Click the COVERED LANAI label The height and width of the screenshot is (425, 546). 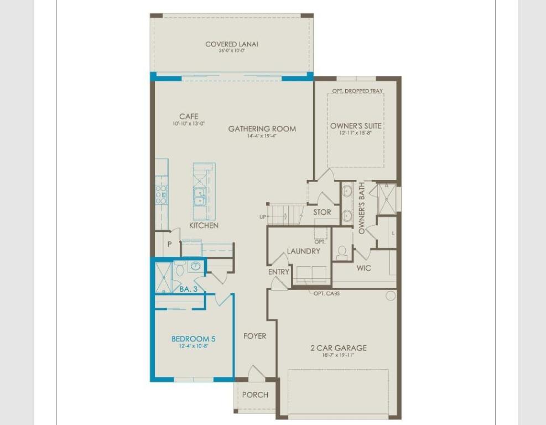(232, 44)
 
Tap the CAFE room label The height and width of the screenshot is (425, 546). (189, 117)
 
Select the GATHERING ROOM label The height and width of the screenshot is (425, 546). (262, 129)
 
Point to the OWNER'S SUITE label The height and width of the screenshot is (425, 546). (356, 126)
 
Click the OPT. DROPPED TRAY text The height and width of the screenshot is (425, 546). (357, 91)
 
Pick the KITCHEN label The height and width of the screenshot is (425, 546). (204, 225)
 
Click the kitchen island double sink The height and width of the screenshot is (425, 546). (199, 195)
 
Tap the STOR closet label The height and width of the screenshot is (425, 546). (322, 212)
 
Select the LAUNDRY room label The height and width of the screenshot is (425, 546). (303, 251)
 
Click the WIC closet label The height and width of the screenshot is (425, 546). (364, 268)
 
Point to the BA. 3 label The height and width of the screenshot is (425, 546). (188, 289)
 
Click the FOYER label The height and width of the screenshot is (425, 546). (254, 336)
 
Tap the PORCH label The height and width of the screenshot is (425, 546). (255, 395)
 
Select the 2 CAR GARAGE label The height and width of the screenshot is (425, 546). (338, 348)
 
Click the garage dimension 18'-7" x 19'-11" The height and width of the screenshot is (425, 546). (338, 355)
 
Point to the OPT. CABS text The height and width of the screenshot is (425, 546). (326, 293)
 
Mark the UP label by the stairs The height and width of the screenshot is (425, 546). (263, 217)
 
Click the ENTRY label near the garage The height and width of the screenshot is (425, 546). (279, 272)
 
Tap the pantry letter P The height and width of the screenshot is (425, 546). (170, 244)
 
